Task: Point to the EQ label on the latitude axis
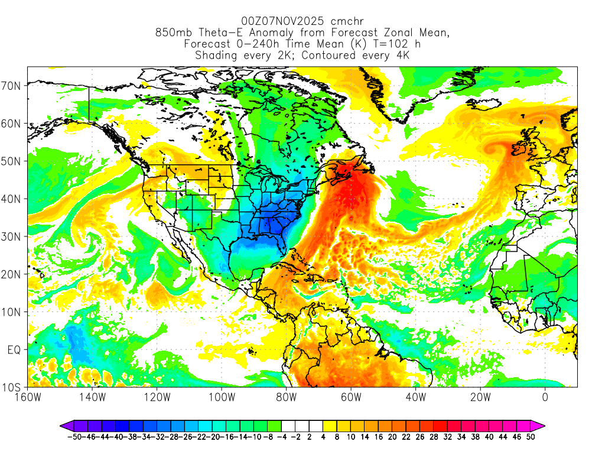[15, 350]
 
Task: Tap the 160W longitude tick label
[28, 397]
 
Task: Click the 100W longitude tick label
[222, 397]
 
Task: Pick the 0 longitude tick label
[545, 397]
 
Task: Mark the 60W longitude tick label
[351, 397]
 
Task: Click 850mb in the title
[174, 33]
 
